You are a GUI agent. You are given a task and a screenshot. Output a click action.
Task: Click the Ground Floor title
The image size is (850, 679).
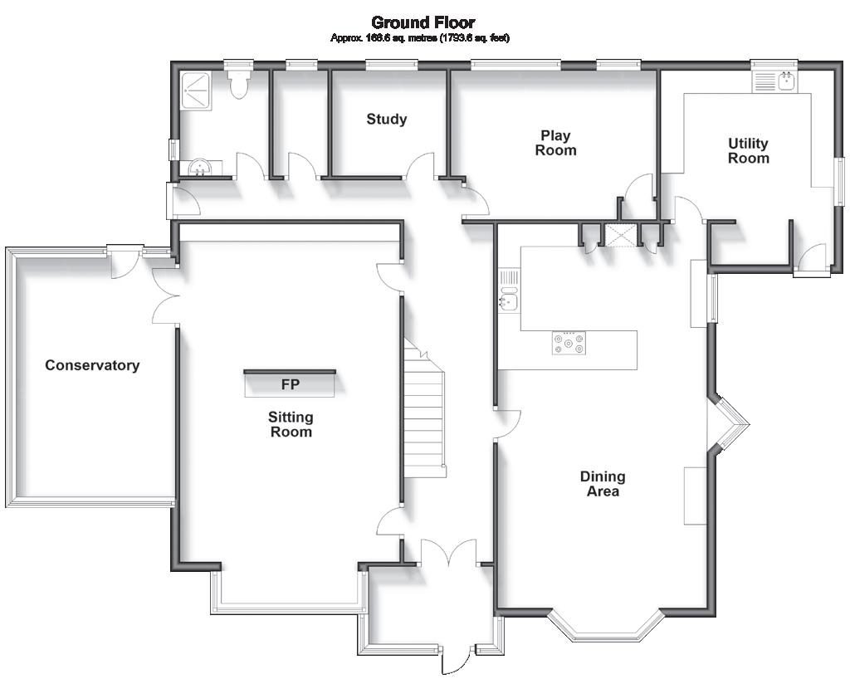(x=423, y=22)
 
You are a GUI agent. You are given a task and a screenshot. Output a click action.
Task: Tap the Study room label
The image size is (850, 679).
(x=387, y=120)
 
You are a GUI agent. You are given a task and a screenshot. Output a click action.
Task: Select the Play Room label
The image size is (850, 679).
(x=555, y=143)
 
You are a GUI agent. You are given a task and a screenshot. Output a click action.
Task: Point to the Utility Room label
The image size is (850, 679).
(x=748, y=151)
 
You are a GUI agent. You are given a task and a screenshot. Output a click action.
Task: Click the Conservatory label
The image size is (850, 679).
(x=92, y=365)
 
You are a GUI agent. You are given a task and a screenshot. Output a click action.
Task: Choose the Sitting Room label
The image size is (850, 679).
(x=291, y=424)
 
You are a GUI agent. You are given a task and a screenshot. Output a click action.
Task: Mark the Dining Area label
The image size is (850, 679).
(x=603, y=484)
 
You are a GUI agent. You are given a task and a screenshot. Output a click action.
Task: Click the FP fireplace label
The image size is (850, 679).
(x=291, y=384)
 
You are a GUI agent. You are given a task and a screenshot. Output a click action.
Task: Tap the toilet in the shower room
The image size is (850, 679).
(x=240, y=84)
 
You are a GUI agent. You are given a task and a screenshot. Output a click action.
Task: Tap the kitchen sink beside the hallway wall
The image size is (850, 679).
(x=509, y=300)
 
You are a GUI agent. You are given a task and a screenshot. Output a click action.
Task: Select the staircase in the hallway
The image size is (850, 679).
(x=424, y=415)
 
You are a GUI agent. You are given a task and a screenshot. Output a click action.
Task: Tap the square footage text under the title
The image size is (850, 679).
(x=420, y=38)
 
